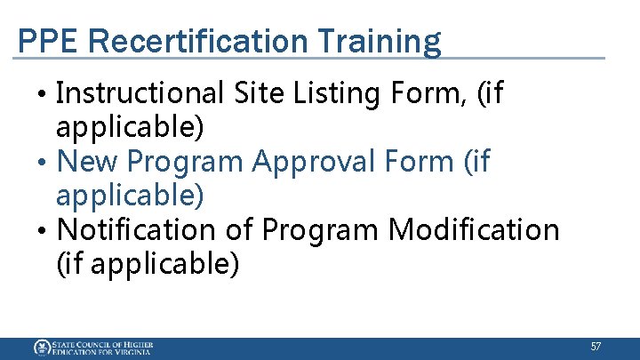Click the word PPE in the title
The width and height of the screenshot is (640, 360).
tap(42, 41)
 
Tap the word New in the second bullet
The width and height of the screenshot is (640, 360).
tap(87, 162)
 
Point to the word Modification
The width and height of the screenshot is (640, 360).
tap(475, 229)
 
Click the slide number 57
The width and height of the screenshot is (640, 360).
tap(596, 346)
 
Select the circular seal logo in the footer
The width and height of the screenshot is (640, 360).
tap(41, 348)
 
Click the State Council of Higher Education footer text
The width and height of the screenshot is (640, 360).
tap(101, 348)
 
